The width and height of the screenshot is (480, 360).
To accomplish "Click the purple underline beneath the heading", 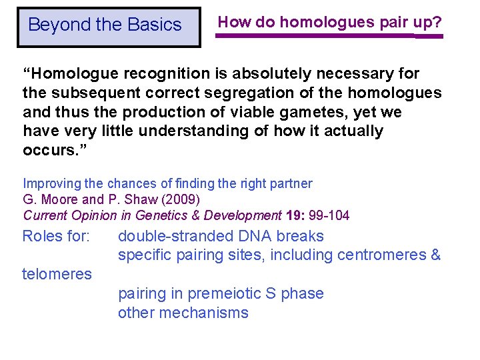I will click(x=329, y=36).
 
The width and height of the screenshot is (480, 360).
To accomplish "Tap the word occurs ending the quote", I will click(x=47, y=150).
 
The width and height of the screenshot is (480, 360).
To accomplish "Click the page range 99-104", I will click(x=329, y=215).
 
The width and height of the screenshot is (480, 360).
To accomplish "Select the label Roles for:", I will click(x=57, y=237).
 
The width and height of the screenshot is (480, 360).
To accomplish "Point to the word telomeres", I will click(x=57, y=274).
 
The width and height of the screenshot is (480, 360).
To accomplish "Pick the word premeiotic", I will click(x=217, y=294).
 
